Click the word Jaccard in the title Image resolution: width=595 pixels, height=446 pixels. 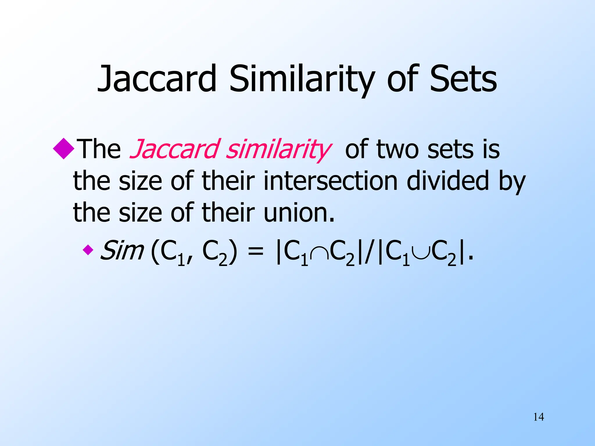pos(157,79)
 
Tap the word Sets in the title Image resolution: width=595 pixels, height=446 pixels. pos(463,79)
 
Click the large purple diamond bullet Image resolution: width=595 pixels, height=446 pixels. pos(64,149)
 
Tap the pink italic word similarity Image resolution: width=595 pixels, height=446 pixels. pos(278,150)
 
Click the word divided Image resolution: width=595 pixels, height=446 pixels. pos(448,181)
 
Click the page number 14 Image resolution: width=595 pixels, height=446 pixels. pos(538,417)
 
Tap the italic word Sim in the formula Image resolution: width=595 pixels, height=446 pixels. pos(122,250)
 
